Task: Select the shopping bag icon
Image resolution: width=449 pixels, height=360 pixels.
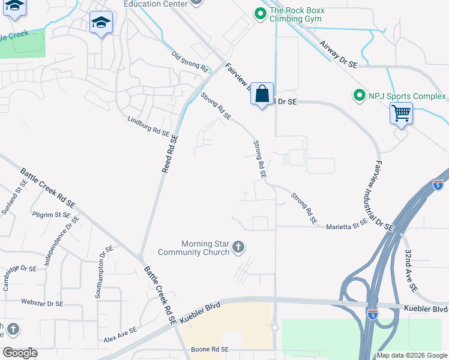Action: (x=262, y=94)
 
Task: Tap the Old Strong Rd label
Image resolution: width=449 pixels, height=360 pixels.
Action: (x=190, y=62)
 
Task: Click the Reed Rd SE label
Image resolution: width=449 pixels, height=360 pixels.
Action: (x=170, y=154)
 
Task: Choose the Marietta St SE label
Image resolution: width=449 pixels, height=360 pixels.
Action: (x=346, y=227)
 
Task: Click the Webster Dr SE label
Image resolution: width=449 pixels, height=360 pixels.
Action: (x=42, y=303)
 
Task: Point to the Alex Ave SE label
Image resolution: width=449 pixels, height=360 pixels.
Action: (x=119, y=337)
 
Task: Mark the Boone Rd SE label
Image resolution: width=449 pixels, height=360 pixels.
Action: (x=210, y=349)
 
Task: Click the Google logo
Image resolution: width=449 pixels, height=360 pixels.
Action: (x=20, y=353)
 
